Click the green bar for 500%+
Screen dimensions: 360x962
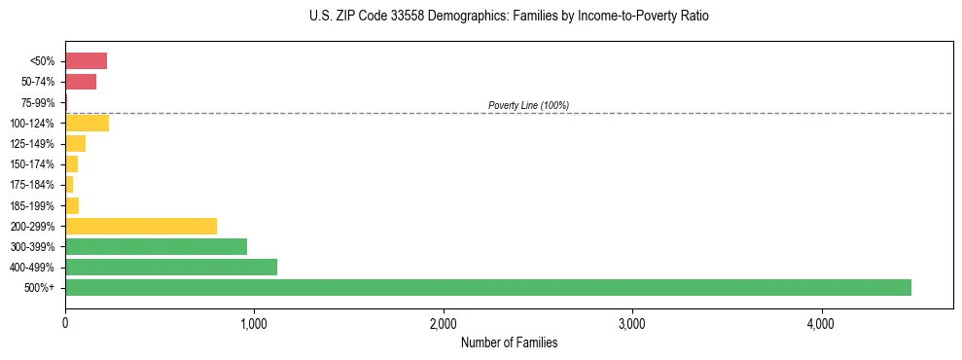(487, 287)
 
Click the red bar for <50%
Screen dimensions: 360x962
(86, 61)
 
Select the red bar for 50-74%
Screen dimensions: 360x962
(81, 82)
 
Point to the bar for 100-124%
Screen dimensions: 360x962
(87, 123)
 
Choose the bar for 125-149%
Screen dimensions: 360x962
(75, 144)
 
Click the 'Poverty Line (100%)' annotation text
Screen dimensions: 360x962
(528, 105)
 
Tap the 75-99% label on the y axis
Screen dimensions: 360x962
(38, 102)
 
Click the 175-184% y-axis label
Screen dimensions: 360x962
(33, 185)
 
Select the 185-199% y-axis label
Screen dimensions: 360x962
(33, 205)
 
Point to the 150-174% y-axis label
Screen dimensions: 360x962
(33, 164)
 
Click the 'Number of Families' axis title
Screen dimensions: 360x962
(509, 342)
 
